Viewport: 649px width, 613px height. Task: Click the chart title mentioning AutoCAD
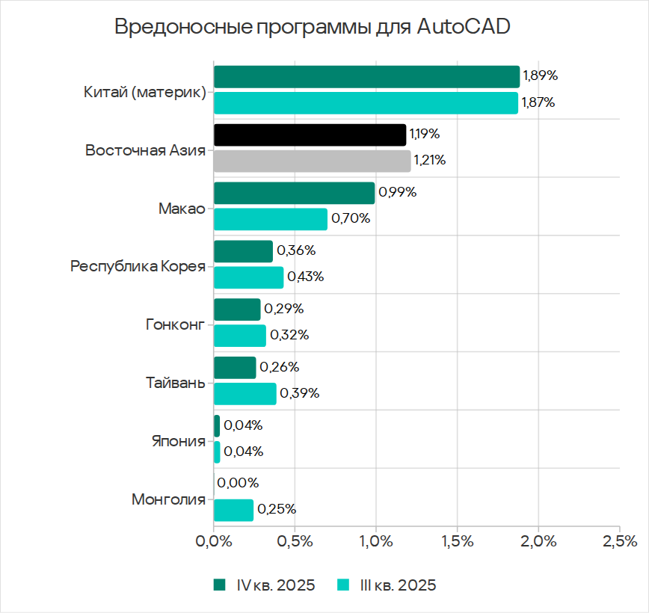(x=313, y=27)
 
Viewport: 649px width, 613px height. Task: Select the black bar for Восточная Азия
(x=310, y=135)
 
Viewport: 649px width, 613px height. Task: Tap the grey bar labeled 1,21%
(x=312, y=161)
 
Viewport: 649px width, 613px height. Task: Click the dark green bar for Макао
(x=294, y=193)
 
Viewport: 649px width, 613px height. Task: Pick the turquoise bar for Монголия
(x=233, y=510)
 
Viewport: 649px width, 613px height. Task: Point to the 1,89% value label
(x=540, y=76)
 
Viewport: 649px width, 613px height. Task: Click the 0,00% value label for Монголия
(x=239, y=483)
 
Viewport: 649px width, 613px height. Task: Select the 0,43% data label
(x=306, y=277)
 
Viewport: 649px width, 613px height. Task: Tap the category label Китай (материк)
(x=145, y=93)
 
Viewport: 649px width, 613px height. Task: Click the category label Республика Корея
(x=138, y=266)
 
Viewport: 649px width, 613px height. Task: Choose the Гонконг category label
(x=175, y=325)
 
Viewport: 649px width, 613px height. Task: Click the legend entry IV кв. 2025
(x=265, y=585)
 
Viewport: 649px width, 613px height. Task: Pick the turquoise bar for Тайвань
(x=244, y=393)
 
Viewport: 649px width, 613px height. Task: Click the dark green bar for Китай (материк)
(x=366, y=77)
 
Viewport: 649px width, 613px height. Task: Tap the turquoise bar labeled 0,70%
(x=270, y=219)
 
